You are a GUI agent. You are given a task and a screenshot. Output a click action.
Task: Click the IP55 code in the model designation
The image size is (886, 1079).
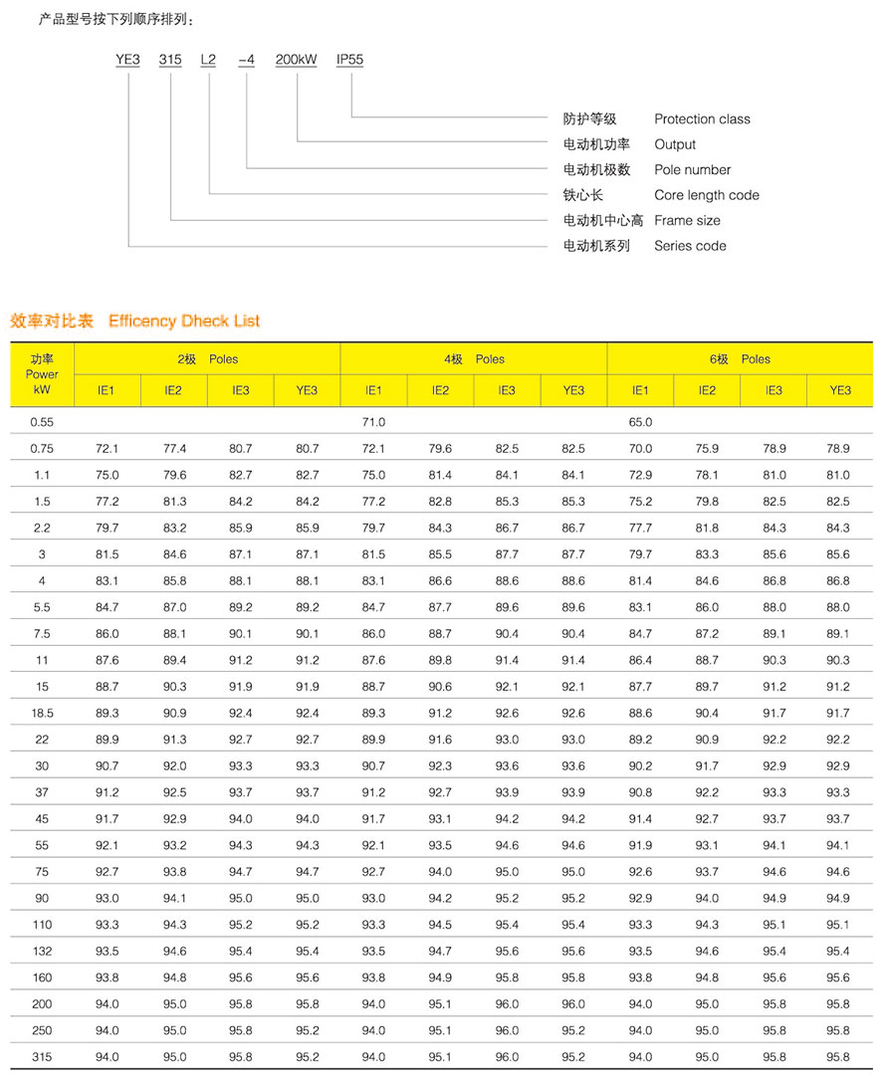(x=349, y=60)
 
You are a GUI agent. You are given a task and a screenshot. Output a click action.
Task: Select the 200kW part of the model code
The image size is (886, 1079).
(x=296, y=60)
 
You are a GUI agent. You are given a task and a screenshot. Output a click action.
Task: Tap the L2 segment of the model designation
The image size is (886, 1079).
(x=208, y=60)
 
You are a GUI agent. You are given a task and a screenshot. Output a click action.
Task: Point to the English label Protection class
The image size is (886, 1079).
(x=702, y=119)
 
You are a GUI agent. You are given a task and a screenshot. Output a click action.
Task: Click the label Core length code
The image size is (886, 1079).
(x=706, y=195)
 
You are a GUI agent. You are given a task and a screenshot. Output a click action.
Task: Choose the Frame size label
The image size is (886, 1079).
(x=687, y=220)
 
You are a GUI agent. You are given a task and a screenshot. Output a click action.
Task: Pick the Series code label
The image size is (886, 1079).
(x=690, y=246)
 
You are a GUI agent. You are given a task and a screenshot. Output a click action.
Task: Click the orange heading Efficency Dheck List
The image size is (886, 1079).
(x=184, y=322)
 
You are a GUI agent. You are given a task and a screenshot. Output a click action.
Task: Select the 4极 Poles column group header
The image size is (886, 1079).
(x=474, y=359)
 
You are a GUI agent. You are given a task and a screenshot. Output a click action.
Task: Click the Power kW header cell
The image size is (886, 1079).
(x=42, y=374)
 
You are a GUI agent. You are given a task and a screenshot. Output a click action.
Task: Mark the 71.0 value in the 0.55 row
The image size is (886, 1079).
(x=373, y=422)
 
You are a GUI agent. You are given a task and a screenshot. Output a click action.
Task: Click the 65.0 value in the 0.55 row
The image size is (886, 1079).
(x=640, y=422)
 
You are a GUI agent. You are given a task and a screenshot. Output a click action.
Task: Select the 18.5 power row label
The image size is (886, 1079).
(x=42, y=713)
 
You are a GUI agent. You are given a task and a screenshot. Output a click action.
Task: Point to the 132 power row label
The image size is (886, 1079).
(x=42, y=951)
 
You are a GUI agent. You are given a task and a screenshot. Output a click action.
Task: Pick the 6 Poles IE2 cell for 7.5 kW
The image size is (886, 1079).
(x=707, y=633)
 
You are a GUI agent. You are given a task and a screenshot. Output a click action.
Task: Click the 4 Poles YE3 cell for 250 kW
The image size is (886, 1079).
(x=573, y=1030)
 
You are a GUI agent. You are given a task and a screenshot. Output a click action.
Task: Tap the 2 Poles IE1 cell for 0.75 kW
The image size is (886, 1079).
(x=107, y=449)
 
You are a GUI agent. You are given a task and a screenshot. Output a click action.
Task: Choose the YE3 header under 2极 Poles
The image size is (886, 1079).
(x=307, y=391)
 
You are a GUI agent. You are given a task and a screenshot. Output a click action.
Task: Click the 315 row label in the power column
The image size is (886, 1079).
(x=42, y=1056)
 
